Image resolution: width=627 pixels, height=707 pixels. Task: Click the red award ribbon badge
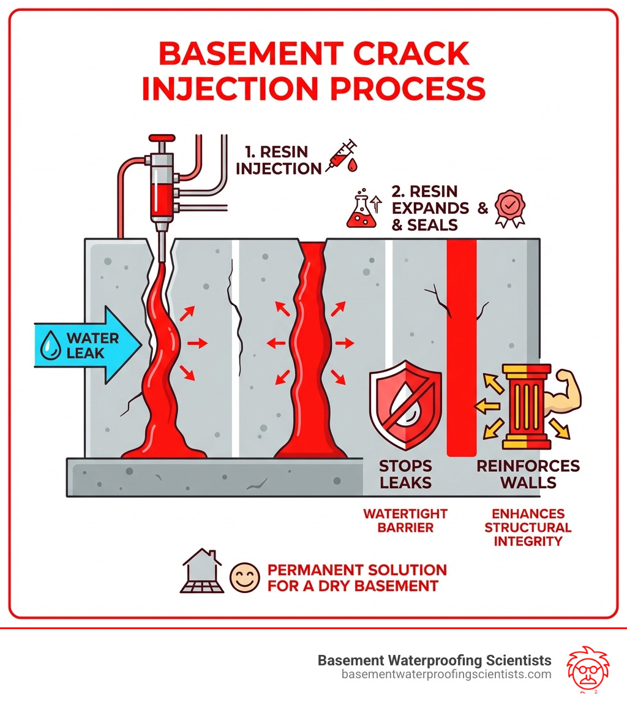point(508,209)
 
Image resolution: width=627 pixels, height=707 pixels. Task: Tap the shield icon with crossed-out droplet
point(405,406)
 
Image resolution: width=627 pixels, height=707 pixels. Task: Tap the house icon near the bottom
point(201,571)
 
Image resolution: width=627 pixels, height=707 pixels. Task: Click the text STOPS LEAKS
point(405,474)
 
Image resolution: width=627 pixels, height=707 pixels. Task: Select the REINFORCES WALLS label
point(527,474)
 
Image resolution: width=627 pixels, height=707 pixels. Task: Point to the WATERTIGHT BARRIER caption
point(405,521)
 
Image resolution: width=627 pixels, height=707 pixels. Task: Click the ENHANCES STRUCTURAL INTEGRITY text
point(527,527)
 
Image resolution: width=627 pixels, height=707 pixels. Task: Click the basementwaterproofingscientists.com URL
point(446,675)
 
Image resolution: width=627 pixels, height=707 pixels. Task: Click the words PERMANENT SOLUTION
point(357,570)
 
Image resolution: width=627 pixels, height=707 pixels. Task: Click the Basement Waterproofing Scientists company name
point(434,660)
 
